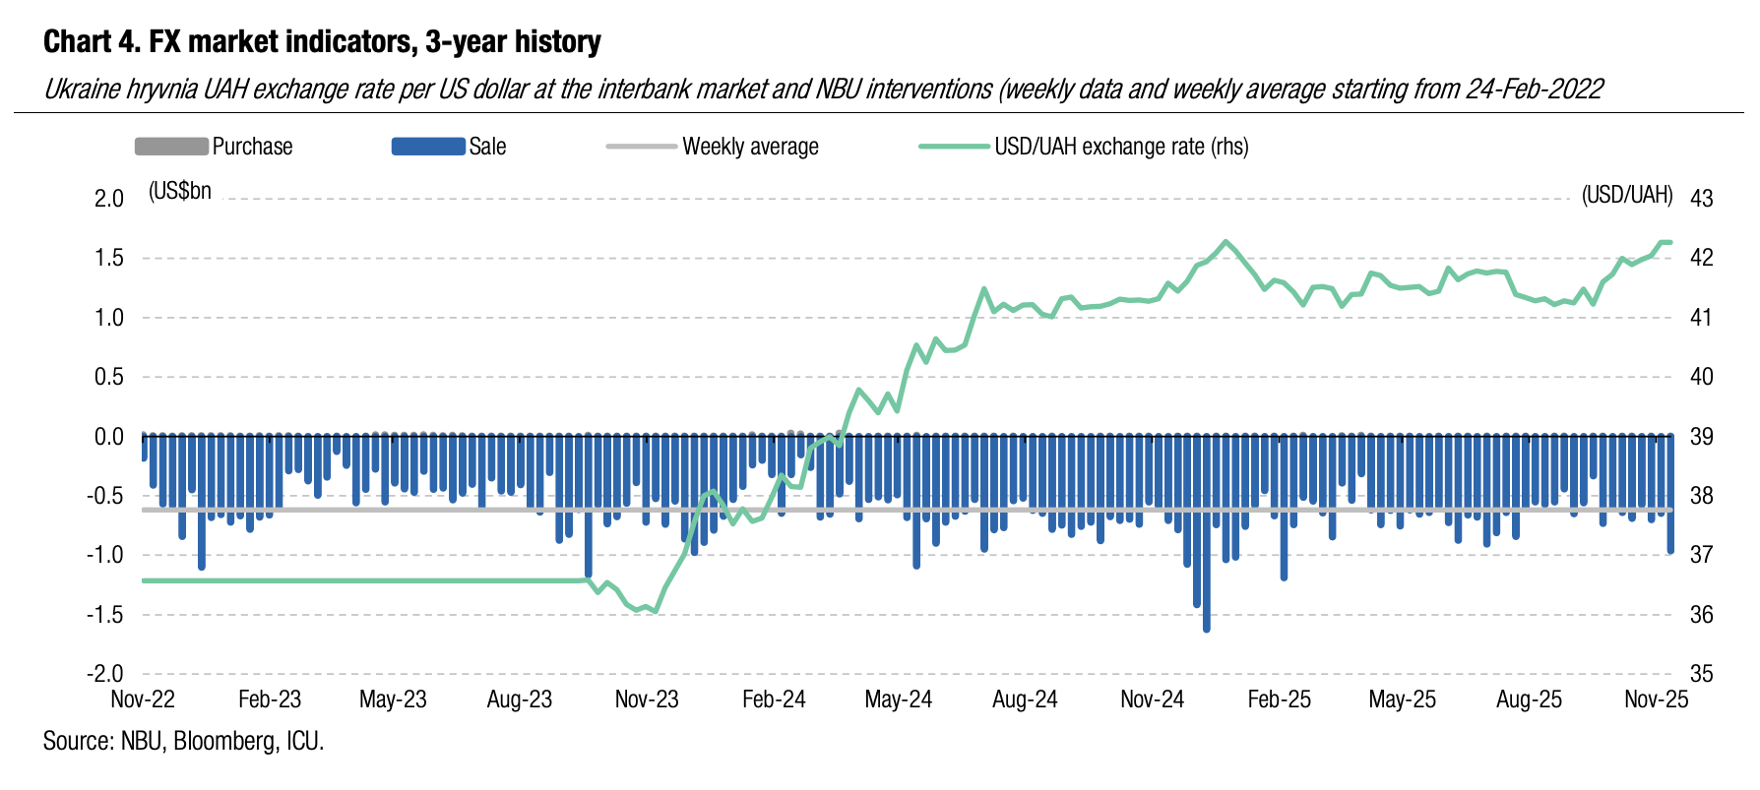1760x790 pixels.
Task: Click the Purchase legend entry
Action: (x=214, y=147)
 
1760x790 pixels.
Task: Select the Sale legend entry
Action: (x=449, y=147)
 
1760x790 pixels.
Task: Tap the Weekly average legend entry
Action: (x=713, y=147)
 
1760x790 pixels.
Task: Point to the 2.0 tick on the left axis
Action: (x=108, y=199)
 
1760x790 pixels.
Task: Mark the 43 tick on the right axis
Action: (x=1701, y=199)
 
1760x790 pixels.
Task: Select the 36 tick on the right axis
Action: (x=1701, y=615)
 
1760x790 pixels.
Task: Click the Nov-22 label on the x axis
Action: (x=143, y=699)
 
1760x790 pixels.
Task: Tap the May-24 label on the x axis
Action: (x=898, y=699)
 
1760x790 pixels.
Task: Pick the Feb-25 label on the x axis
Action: (x=1279, y=699)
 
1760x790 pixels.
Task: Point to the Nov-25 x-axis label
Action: (x=1656, y=699)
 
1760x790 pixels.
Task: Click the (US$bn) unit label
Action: (x=180, y=191)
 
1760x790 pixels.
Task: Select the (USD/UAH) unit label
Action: (x=1626, y=195)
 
